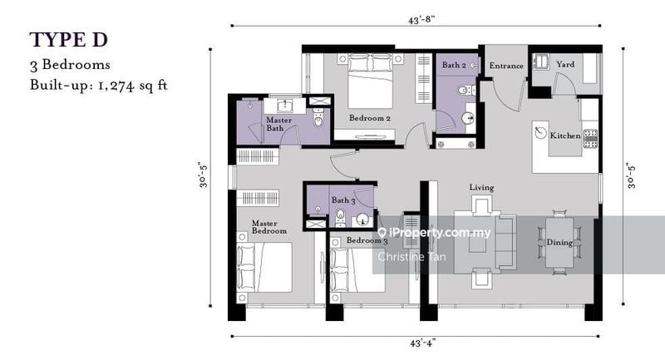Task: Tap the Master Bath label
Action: tap(278, 124)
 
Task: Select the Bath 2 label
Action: tap(454, 65)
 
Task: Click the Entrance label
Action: tap(505, 66)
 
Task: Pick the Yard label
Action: tap(565, 65)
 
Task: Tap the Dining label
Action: tap(559, 243)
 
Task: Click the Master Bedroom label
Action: tap(269, 227)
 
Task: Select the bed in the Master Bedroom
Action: tap(265, 266)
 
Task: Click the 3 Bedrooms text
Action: tap(71, 64)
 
